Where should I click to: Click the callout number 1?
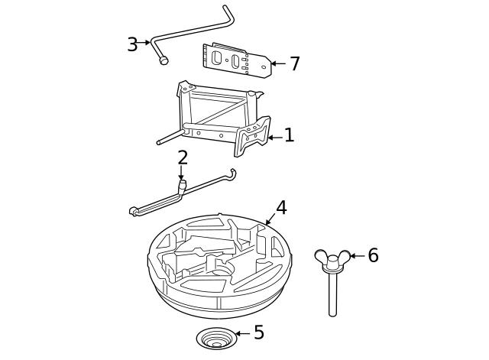(x=289, y=136)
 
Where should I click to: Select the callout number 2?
(x=183, y=158)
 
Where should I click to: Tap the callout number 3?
(x=132, y=44)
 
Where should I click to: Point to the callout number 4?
(x=281, y=208)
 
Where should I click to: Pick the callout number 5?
(x=258, y=333)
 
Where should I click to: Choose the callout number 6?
(x=373, y=256)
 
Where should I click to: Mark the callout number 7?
(x=294, y=64)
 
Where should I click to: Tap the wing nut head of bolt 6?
(x=333, y=258)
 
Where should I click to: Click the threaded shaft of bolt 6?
(x=333, y=294)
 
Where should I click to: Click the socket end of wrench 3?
(x=163, y=61)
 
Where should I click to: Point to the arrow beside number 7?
(x=277, y=64)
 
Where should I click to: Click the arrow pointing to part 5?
(x=241, y=334)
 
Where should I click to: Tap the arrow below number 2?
(x=182, y=174)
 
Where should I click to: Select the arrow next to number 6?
(x=356, y=256)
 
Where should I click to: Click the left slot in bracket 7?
(x=217, y=57)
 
